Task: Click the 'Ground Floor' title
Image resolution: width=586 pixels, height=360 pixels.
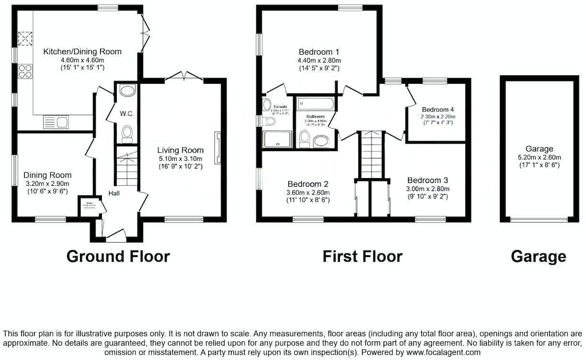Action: tap(118, 257)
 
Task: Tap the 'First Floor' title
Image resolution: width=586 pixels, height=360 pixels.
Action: tap(362, 257)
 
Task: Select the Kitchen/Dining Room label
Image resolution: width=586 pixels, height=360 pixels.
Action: tap(82, 52)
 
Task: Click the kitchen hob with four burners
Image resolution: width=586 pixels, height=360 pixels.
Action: tap(25, 71)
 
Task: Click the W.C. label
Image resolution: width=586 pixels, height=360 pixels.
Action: tap(126, 114)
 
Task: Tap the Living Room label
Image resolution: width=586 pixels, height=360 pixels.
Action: tap(181, 150)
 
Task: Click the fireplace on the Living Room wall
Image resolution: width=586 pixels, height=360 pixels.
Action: tap(218, 148)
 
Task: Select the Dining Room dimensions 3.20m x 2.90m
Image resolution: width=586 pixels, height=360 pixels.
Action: tap(47, 183)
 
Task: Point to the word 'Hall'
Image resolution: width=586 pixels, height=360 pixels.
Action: tap(114, 193)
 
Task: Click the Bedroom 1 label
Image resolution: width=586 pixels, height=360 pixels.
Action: tap(319, 52)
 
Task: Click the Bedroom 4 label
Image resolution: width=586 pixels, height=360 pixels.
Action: tap(435, 110)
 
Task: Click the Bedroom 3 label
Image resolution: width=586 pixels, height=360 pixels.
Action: tap(428, 180)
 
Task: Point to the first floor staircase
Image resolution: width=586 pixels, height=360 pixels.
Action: tap(372, 154)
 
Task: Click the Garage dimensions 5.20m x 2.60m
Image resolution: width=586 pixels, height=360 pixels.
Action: tap(539, 157)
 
